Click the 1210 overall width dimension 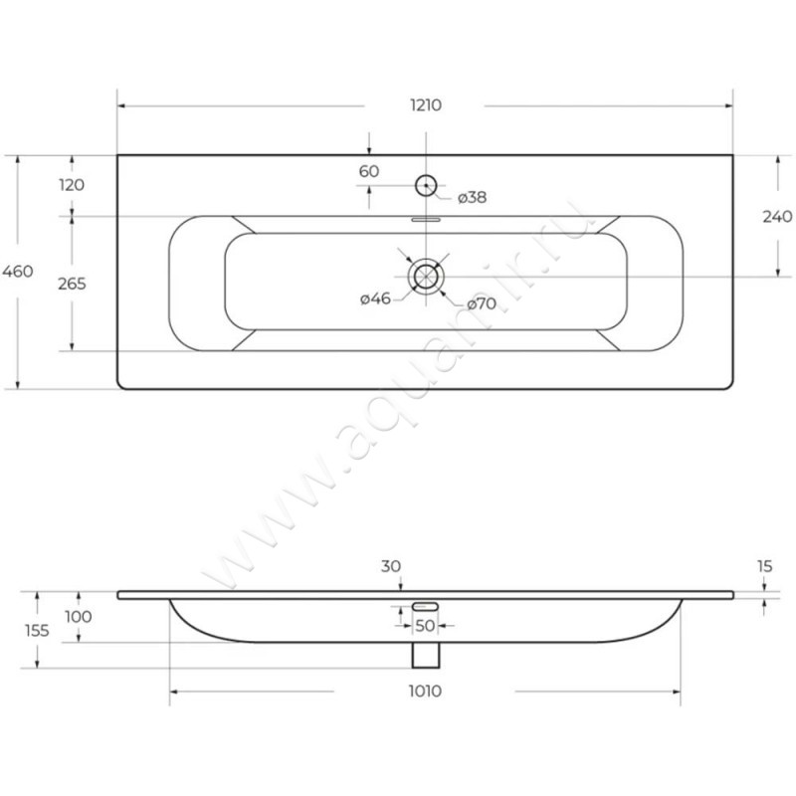coord(426,105)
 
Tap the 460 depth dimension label coord(18,271)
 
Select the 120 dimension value coord(72,185)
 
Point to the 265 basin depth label coord(72,284)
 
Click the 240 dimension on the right coord(777,216)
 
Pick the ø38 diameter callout coord(472,197)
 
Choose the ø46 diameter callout coord(376,298)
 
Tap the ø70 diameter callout coord(482,303)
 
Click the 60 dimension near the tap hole coord(369,171)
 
